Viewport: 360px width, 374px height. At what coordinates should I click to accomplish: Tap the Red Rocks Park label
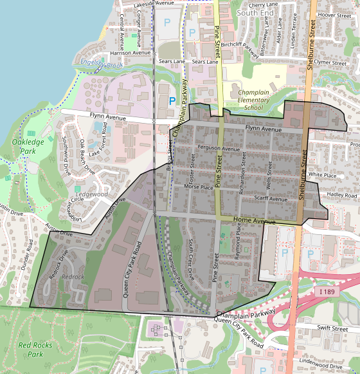coord(30,350)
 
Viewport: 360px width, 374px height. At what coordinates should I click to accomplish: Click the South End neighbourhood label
coord(255,12)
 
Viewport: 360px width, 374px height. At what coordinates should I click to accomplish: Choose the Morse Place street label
coord(199,187)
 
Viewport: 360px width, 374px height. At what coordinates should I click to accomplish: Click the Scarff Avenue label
coord(271,199)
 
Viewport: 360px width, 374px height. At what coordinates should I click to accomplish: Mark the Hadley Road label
coord(341,194)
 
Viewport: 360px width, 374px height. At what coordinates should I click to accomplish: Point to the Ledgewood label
coord(91,194)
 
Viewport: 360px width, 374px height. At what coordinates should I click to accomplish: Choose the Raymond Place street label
coord(239,247)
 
